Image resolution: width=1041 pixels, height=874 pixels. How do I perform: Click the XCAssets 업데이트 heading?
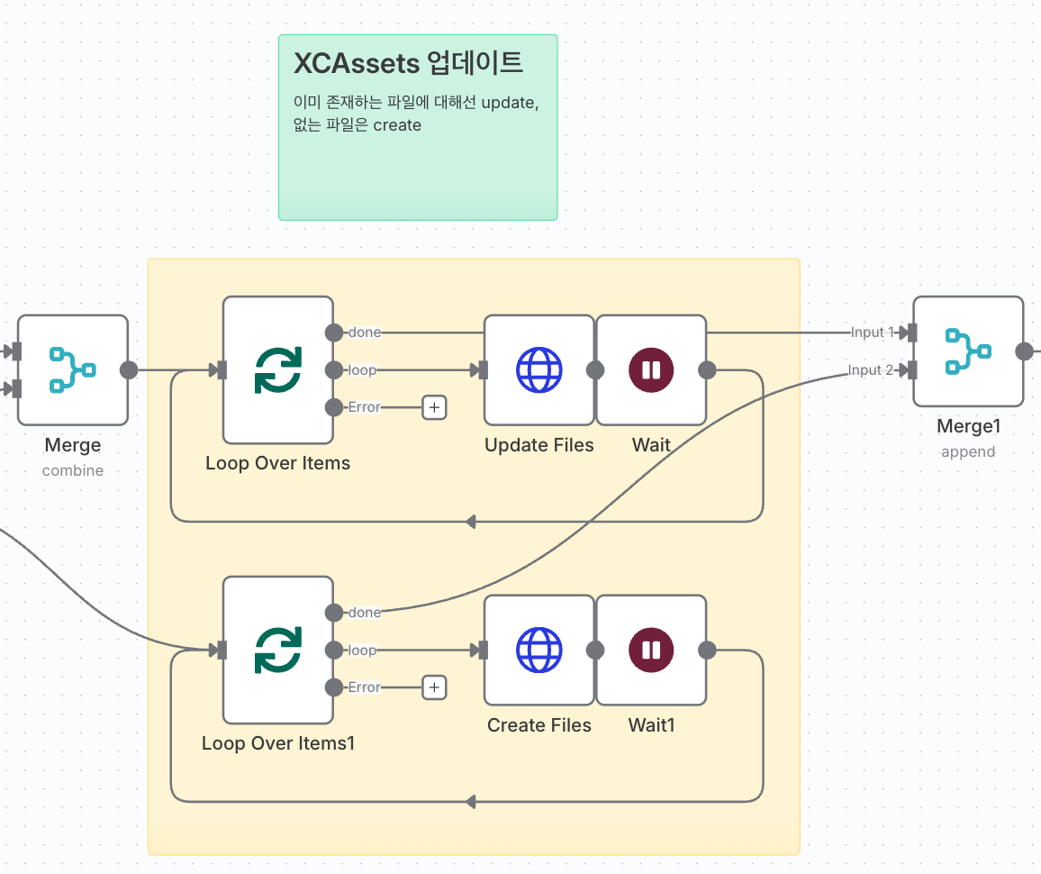(x=409, y=64)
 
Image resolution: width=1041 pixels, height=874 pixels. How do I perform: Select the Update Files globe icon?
(x=539, y=369)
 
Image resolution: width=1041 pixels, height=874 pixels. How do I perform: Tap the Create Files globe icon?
(x=539, y=650)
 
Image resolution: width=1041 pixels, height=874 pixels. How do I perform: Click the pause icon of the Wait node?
(x=651, y=369)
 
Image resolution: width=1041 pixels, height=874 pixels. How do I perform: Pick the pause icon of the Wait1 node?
(x=651, y=650)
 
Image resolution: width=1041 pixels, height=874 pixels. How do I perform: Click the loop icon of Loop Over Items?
(x=277, y=369)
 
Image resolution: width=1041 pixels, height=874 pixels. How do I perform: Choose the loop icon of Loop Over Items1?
(x=277, y=650)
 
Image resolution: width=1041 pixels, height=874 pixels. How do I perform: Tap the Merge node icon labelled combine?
(x=72, y=369)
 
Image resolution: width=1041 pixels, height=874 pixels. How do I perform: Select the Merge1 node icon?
(x=967, y=351)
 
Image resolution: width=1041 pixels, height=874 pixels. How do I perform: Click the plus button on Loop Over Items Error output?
(x=434, y=407)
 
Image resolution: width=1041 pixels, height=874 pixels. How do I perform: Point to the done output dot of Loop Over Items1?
(x=334, y=613)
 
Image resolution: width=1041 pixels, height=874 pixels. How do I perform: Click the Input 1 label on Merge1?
(x=871, y=332)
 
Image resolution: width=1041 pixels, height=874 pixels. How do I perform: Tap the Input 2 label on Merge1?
(x=871, y=370)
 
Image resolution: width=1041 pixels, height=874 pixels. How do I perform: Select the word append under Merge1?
(x=968, y=451)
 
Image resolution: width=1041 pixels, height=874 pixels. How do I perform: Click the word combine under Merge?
(x=73, y=470)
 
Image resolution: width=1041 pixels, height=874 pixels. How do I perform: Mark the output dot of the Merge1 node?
(x=1025, y=351)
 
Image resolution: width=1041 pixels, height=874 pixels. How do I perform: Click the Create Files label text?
(x=539, y=725)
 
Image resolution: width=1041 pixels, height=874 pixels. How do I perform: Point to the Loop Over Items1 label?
(x=278, y=743)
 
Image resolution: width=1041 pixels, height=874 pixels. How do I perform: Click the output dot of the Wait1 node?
(x=708, y=650)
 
